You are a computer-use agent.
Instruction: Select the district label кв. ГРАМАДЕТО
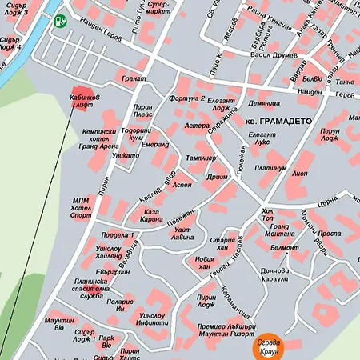click(277, 120)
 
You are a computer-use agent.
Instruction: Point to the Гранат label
click(133, 79)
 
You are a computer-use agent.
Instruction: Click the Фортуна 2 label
click(187, 98)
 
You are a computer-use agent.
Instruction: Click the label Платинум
click(271, 169)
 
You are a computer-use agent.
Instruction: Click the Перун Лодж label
click(330, 135)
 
